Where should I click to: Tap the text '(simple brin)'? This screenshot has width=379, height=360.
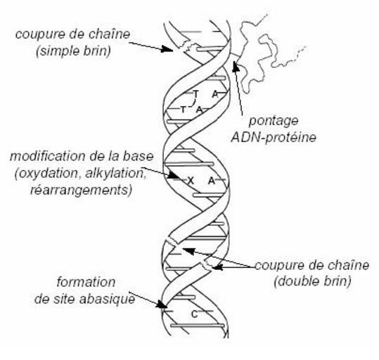[x=73, y=51]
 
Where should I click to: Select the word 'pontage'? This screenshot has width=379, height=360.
[x=274, y=122]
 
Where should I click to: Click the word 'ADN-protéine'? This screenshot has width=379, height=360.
[x=274, y=138]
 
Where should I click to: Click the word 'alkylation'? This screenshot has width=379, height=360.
[x=115, y=174]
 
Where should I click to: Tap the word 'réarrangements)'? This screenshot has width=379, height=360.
[x=82, y=190]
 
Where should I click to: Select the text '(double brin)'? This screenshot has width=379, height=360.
[x=312, y=281]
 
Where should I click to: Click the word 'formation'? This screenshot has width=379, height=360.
[x=86, y=283]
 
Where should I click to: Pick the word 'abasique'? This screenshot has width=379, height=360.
[x=108, y=300]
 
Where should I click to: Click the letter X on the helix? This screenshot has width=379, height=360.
[x=191, y=181]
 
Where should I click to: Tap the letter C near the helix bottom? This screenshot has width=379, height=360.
[x=195, y=314]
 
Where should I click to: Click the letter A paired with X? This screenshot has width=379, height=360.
[x=212, y=181]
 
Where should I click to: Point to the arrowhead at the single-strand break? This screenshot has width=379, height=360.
[x=167, y=49]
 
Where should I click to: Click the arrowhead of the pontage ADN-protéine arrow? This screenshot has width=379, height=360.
[x=236, y=66]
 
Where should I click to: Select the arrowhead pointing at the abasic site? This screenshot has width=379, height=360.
[x=161, y=304]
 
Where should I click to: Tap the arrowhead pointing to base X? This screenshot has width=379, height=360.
[x=174, y=175]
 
